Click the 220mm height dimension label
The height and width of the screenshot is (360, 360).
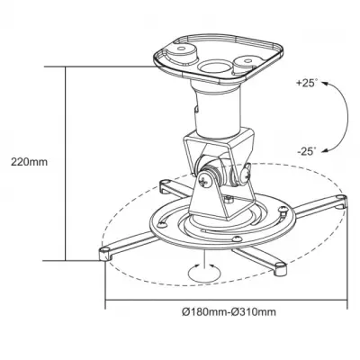(27, 163)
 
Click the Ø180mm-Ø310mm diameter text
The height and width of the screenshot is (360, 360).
(228, 311)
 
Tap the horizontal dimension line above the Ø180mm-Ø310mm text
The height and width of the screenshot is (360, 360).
(225, 301)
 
